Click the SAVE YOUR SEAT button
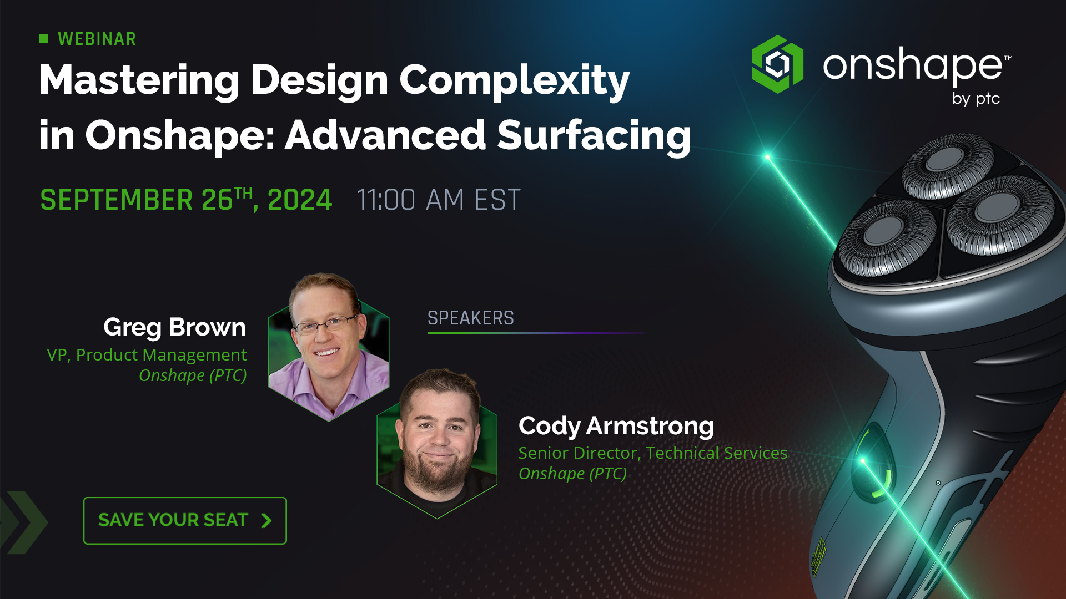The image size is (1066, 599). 185,520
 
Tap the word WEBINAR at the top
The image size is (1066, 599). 97,39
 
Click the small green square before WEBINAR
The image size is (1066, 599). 44,38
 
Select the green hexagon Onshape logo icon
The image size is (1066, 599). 777,64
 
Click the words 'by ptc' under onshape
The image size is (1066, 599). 976,99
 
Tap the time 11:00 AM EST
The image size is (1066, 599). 439,200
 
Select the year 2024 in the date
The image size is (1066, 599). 299,200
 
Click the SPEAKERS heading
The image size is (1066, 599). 470,318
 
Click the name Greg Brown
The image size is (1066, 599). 174,327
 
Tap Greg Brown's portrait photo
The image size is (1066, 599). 329,347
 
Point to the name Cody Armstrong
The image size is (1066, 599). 616,426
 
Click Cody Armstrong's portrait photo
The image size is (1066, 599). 438,444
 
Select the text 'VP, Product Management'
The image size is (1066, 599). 147,354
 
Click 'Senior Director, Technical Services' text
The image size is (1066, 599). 652,453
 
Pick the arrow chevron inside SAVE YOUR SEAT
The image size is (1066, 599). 266,520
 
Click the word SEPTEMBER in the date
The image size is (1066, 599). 117,200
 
